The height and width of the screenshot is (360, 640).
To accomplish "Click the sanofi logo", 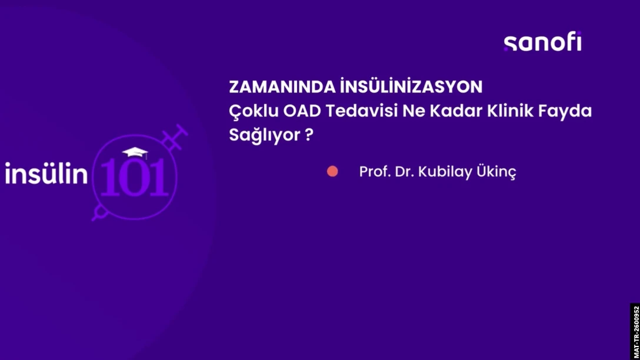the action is [x=542, y=42].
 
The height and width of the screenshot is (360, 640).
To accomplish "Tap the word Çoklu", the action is [x=254, y=111].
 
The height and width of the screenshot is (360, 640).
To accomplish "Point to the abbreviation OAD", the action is [x=302, y=111].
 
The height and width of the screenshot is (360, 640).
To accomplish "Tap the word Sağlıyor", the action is [x=265, y=135].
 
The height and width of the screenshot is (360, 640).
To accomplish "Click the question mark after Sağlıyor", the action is [x=309, y=134].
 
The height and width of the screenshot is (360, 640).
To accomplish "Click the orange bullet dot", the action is [x=332, y=171].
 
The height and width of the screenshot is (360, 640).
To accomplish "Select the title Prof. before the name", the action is [x=375, y=171].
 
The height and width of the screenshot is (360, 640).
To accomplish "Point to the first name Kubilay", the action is [x=445, y=172].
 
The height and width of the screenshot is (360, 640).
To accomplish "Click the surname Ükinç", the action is [x=496, y=171].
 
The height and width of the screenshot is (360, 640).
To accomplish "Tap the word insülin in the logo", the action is [x=46, y=173].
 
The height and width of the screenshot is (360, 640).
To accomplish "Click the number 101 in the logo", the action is [x=134, y=177].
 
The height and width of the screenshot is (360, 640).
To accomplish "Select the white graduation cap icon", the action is [x=135, y=152].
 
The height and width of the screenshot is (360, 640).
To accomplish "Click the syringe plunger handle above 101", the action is [x=178, y=132].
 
